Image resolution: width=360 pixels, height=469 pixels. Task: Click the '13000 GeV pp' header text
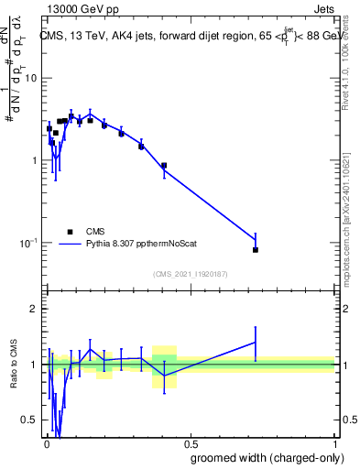click(x=79, y=8)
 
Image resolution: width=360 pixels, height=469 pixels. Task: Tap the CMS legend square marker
click(x=70, y=232)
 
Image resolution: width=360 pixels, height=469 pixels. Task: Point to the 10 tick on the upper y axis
click(x=31, y=78)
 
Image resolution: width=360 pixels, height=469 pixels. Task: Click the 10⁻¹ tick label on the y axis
click(x=27, y=243)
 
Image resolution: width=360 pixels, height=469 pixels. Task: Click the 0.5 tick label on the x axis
click(x=189, y=443)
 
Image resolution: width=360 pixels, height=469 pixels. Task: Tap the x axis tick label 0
click(x=45, y=443)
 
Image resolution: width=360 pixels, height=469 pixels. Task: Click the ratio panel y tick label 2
click(x=35, y=309)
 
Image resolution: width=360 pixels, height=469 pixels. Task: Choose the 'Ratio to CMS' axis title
click(x=12, y=365)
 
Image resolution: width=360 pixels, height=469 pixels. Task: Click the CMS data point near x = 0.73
click(x=256, y=250)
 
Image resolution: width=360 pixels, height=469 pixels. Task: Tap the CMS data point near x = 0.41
click(x=163, y=166)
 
